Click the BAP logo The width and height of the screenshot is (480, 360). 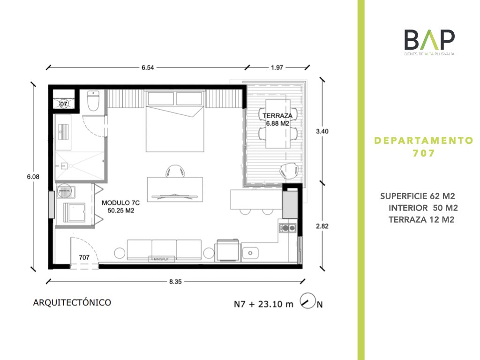point(429,42)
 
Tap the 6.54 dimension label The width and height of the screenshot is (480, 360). point(148,67)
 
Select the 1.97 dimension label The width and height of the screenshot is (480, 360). point(277,67)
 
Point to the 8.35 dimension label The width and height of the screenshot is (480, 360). point(175,282)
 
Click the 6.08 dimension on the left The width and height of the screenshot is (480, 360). point(33,177)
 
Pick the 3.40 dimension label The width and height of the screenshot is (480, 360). point(322,131)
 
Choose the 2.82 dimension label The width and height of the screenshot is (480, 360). point(322,226)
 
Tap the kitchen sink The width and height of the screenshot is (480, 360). point(250,253)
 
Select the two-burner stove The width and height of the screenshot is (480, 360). point(287,228)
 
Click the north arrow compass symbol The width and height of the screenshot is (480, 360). point(307,300)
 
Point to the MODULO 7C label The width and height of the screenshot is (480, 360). point(120,202)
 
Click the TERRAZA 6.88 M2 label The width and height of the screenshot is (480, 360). point(277,120)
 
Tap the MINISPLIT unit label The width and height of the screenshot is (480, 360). point(161,259)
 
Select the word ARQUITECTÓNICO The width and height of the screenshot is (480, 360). point(72,302)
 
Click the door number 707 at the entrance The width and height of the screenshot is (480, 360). point(84,257)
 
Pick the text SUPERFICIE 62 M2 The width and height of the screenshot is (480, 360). point(418,196)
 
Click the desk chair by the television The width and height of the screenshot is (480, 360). point(175,171)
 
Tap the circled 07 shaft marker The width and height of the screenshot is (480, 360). point(63,104)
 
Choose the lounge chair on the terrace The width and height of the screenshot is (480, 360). point(289,171)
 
